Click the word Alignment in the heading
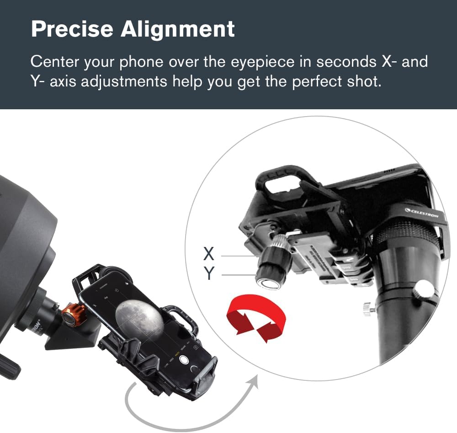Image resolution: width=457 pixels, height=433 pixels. [x=178, y=29]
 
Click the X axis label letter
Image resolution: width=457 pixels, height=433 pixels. [x=209, y=253]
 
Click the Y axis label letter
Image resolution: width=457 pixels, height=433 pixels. [x=209, y=273]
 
